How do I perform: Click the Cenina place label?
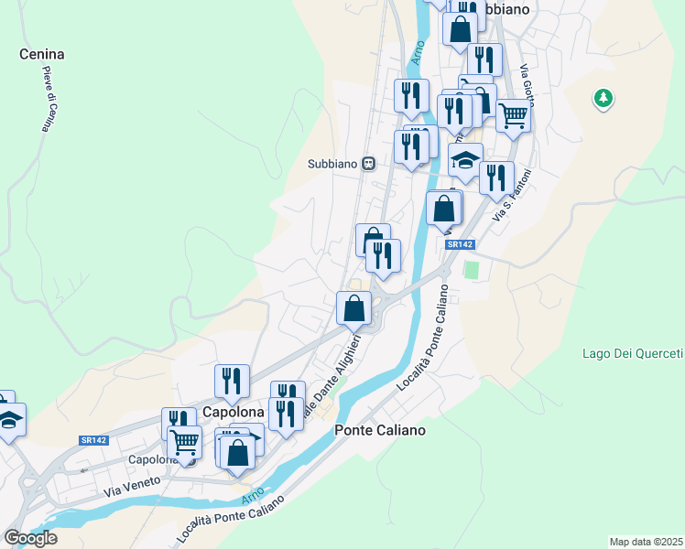(x=42, y=54)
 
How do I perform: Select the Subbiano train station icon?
(x=368, y=164)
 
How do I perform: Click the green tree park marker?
(x=603, y=97)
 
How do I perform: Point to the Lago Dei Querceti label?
(x=632, y=354)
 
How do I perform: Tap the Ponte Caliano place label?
(x=380, y=429)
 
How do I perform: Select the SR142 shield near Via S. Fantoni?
(x=461, y=244)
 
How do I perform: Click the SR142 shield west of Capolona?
(x=93, y=440)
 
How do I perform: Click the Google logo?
(x=30, y=538)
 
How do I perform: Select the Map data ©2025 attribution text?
(x=645, y=541)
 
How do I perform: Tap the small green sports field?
(x=472, y=271)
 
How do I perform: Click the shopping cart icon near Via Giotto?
(x=514, y=115)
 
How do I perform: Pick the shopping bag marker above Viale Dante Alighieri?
(x=353, y=307)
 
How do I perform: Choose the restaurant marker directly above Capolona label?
(x=232, y=380)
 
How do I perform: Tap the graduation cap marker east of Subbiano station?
(x=465, y=160)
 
